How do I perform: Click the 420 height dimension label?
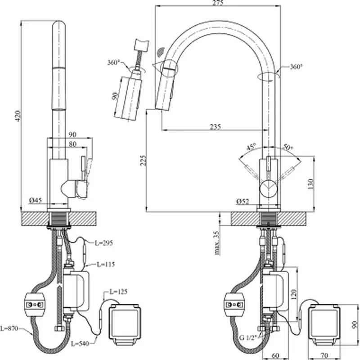[x=18, y=116]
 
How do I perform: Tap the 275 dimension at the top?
[x=218, y=3]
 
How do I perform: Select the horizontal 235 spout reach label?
[x=215, y=126]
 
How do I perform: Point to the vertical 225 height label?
[x=143, y=161]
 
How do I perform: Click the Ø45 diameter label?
[x=36, y=200]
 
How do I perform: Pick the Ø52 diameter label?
[x=243, y=201]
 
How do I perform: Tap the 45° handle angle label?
[x=251, y=147]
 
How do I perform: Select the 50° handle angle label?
[x=288, y=147]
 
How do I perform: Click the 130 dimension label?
[x=311, y=184]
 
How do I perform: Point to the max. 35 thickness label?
[x=217, y=243]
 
